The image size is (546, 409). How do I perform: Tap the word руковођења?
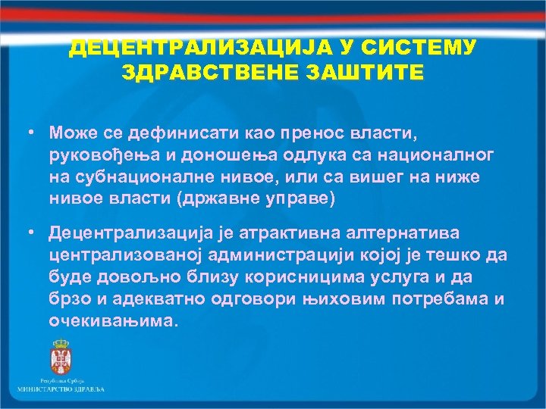100,155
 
